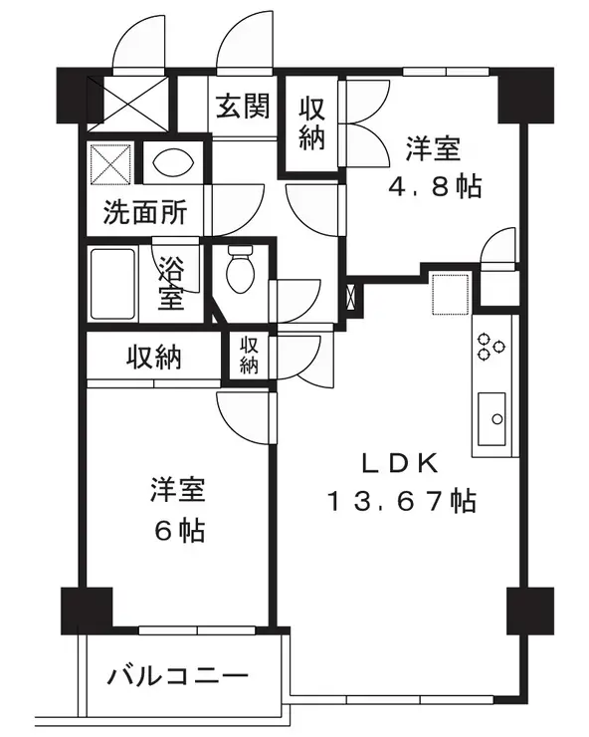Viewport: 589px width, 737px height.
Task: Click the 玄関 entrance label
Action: coord(243,107)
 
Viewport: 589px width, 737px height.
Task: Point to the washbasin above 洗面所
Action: coord(174,162)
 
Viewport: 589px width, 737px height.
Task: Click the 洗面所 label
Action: coord(144,213)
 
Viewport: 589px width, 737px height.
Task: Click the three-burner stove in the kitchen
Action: coord(491,345)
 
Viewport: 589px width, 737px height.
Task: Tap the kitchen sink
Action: coord(492,418)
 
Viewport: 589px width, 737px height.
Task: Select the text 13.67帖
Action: coord(402,500)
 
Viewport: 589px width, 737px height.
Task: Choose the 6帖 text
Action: coord(178,530)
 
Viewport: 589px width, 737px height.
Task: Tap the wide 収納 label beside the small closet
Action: coord(153,357)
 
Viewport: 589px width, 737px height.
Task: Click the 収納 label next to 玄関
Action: coord(311,123)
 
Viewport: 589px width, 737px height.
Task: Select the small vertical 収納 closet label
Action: coord(248,356)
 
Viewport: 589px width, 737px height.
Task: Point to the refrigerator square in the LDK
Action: coord(448,292)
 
